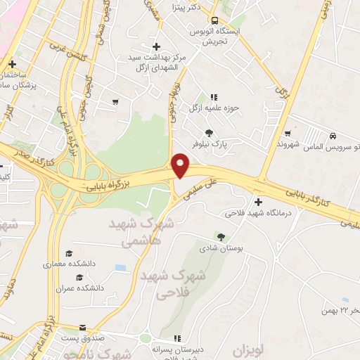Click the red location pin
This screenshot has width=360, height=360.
(181, 165)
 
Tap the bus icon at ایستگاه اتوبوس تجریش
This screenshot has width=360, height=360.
(214, 21)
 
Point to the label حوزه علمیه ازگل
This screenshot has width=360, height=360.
(215, 108)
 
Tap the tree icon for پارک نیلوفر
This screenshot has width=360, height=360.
(209, 132)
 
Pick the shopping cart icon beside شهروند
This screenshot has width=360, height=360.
(288, 133)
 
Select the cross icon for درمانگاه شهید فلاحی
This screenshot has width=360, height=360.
(258, 202)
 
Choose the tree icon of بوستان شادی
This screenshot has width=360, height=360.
(221, 237)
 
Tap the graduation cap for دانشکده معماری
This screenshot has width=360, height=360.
(69, 253)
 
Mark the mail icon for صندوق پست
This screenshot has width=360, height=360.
(83, 328)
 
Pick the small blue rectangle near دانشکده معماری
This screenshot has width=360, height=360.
(120, 268)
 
